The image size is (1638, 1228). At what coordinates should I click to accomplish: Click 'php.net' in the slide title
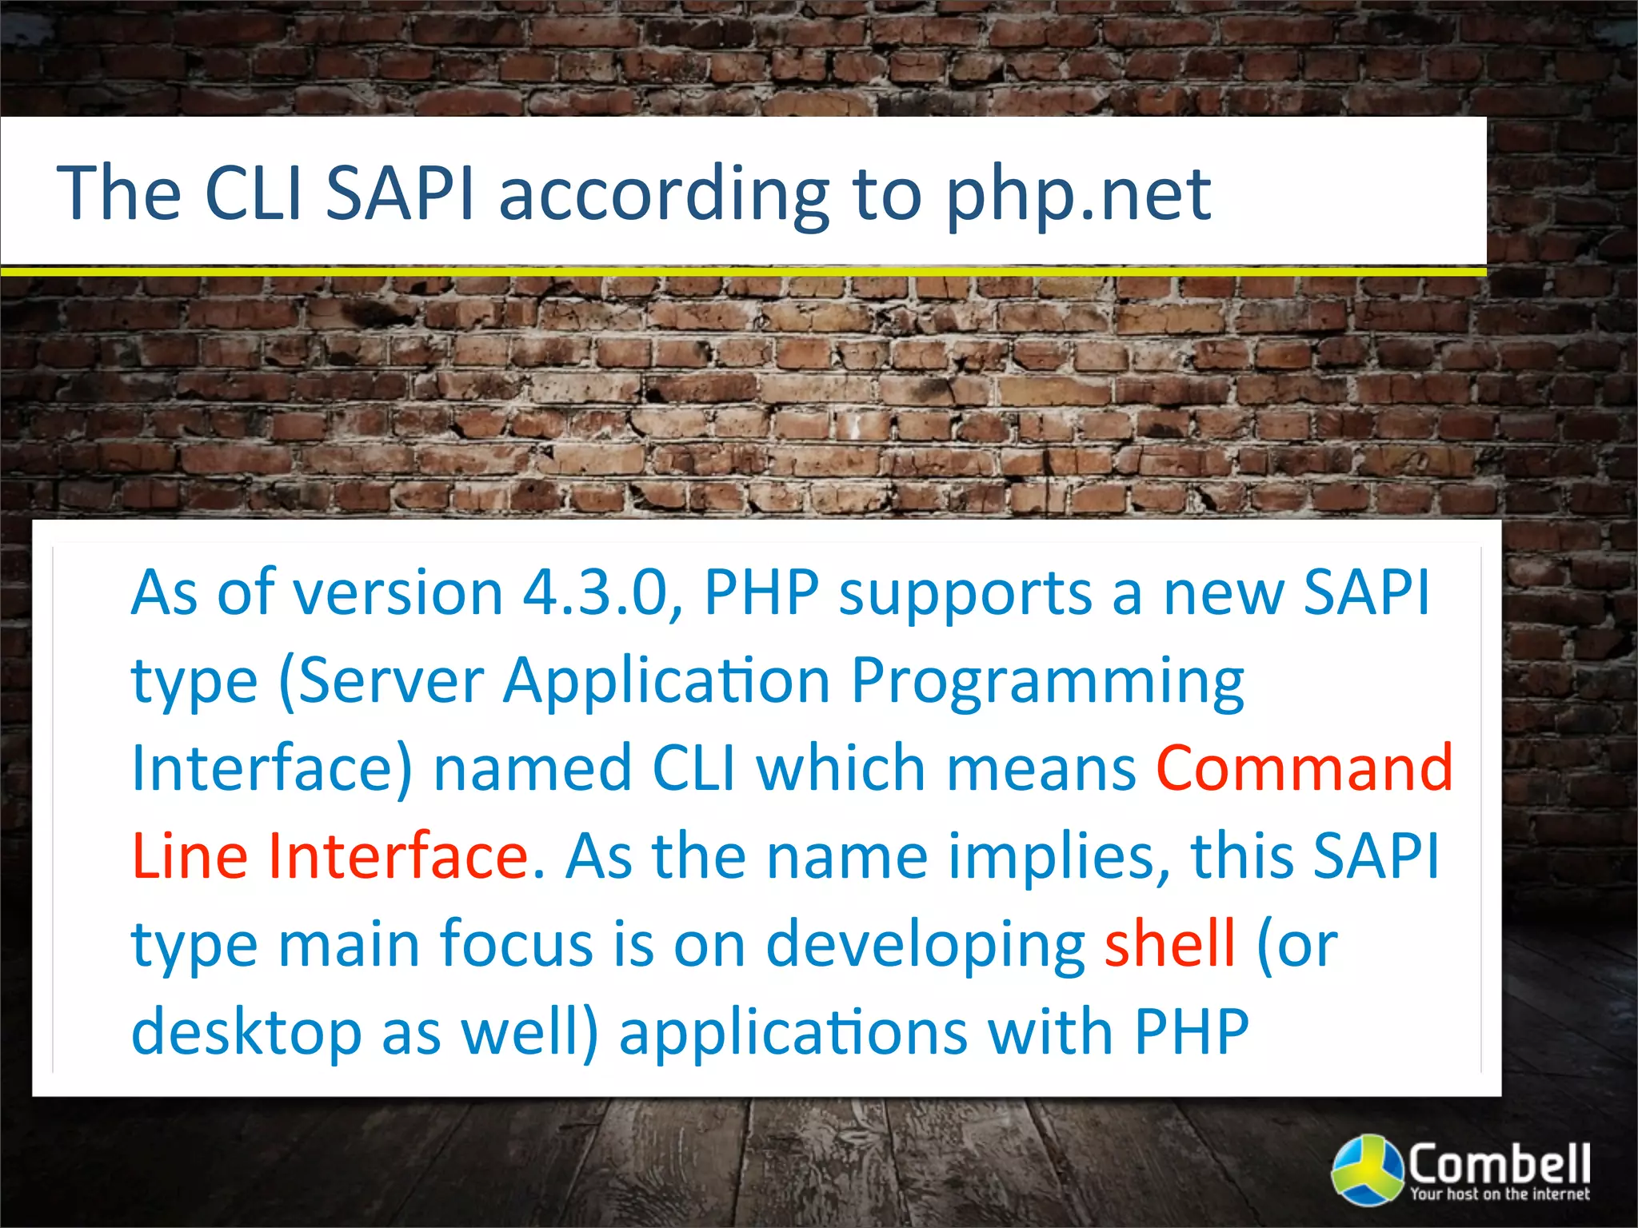tap(1078, 194)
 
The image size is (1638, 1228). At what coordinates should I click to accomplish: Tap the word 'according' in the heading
tap(663, 194)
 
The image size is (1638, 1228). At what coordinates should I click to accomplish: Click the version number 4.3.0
tap(596, 593)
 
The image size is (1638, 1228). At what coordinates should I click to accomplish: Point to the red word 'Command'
tap(1304, 768)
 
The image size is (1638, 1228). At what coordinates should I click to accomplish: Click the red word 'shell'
tap(1169, 944)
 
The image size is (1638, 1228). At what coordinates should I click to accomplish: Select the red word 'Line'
tap(190, 856)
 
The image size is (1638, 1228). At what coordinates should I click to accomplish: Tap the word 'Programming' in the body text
tap(1047, 682)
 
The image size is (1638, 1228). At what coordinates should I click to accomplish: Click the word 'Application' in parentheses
tap(667, 682)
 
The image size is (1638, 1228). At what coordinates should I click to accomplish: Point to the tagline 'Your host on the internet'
tap(1499, 1194)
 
